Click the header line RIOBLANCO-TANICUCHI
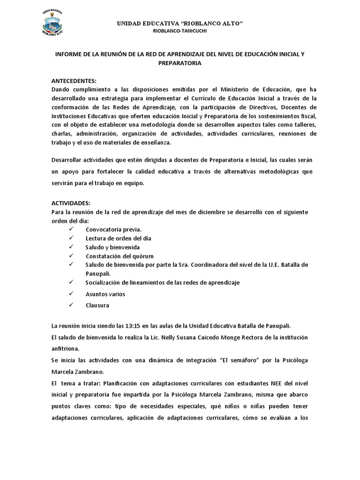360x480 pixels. pos(180,31)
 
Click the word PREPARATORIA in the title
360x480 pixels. pos(180,63)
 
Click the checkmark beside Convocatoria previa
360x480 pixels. pos(71,229)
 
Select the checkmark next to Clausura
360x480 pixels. pos(71,305)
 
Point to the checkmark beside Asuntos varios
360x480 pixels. pos(71,293)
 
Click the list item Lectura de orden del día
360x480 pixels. pos(118,238)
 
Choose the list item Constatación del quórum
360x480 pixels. pos(120,256)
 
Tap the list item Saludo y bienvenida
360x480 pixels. pos(112,247)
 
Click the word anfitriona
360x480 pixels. pos(67,348)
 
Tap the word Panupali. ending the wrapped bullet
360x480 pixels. pos(98,273)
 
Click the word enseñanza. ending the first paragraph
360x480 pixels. pos(154,142)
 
